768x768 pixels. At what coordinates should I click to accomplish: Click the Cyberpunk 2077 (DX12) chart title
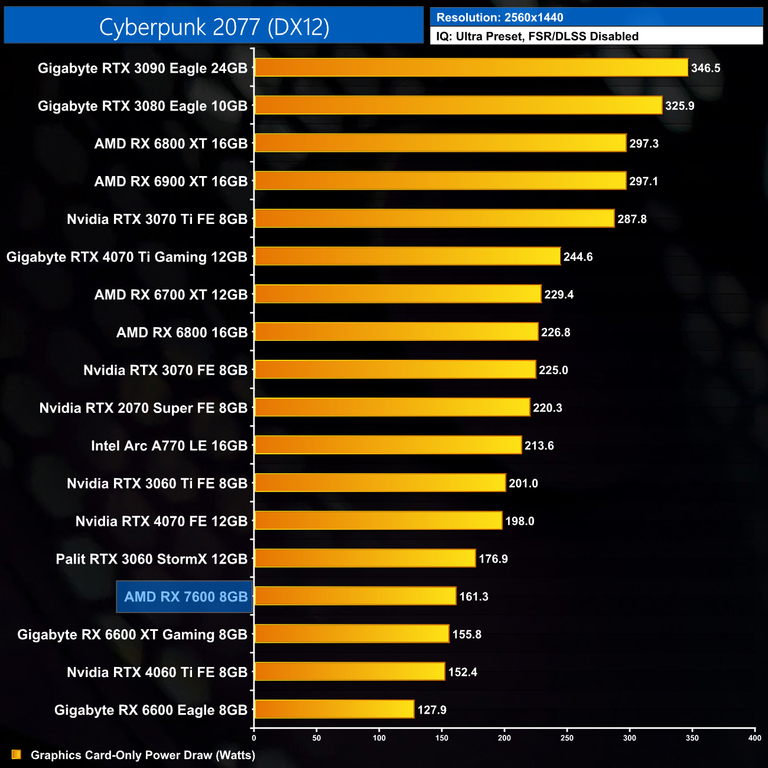point(214,27)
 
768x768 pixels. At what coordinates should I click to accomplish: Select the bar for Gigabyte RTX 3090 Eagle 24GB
point(471,67)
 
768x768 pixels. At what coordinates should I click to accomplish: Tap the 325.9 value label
point(679,106)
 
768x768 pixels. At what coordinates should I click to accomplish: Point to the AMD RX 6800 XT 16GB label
point(171,144)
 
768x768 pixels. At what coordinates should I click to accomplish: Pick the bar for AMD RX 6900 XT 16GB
point(440,181)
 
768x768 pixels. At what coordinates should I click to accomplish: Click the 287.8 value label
point(632,219)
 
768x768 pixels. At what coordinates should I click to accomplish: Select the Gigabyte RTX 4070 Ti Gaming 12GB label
point(127,257)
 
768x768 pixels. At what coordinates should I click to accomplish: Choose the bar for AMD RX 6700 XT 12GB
point(398,294)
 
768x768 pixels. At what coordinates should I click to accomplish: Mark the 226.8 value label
point(555,333)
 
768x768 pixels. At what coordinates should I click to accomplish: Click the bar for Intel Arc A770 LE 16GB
point(388,445)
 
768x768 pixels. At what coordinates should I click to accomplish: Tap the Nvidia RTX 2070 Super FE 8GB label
point(143,408)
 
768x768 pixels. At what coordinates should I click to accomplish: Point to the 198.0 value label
point(519,521)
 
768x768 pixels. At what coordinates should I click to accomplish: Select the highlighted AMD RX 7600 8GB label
point(186,597)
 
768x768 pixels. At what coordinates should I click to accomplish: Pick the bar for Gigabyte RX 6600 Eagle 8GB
point(334,709)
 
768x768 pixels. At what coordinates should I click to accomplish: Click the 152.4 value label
point(462,672)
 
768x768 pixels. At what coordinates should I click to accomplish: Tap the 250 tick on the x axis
point(567,738)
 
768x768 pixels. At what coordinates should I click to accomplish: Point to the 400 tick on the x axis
point(754,738)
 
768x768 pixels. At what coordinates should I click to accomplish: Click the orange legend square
point(17,754)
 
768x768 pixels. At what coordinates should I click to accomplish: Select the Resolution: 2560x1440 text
point(500,18)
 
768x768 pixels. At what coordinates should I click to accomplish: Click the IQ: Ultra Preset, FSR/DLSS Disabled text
point(537,37)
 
